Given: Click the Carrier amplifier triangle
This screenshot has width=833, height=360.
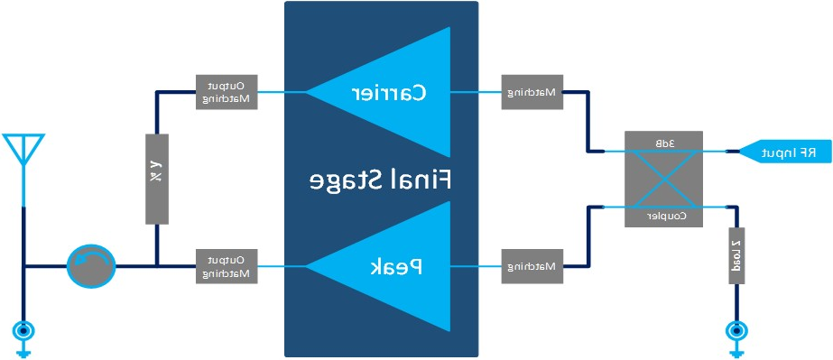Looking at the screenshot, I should pos(397,92).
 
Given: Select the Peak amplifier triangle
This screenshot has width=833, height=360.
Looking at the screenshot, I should pos(397,266).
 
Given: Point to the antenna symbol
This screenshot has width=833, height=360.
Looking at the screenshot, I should pos(23,150).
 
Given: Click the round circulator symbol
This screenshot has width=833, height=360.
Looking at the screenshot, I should pos(91,266).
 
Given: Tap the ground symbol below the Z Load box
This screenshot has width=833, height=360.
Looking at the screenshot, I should pos(736,335).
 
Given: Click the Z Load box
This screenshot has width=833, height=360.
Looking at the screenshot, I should pos(736,254).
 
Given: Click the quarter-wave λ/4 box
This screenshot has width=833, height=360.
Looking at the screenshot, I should pos(157,179).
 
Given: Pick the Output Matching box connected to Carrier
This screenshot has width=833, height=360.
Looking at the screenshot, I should pos(227,92).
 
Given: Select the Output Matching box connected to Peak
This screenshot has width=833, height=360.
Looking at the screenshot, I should pos(227,266).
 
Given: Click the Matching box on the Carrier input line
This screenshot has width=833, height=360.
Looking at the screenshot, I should pos(532,92).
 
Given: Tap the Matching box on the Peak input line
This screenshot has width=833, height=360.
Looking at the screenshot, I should pos(532,266).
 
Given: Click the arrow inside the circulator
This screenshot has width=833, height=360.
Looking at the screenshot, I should pos(88,263).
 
